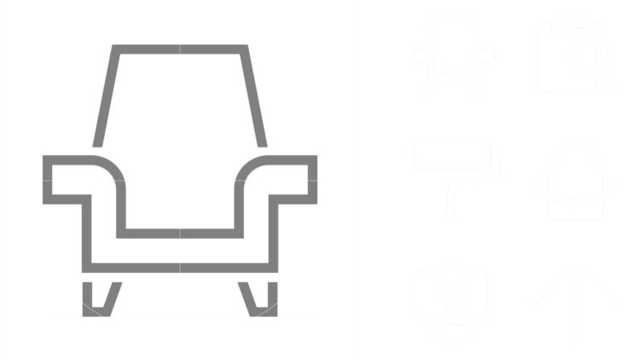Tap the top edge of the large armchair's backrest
pos(180,49)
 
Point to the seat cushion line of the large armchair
pos(180,233)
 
